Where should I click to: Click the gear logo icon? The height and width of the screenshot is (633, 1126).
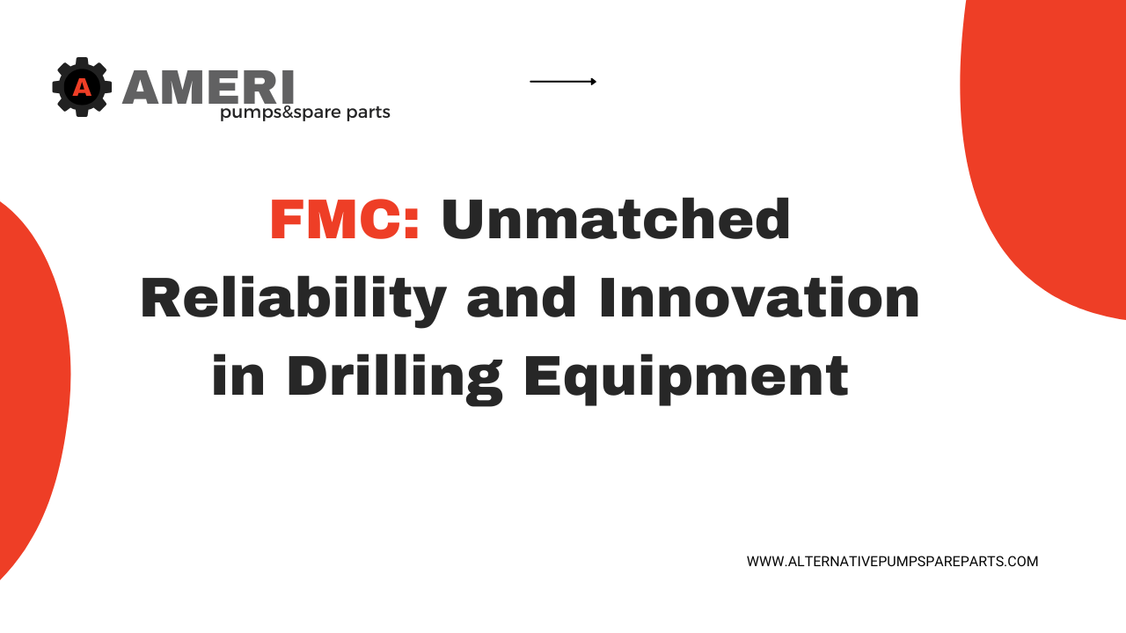coord(82,87)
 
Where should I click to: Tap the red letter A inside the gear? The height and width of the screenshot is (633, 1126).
coord(82,87)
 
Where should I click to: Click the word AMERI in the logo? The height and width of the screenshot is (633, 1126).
coord(208,88)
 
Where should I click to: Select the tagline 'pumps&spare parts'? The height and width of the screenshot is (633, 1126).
coord(304,113)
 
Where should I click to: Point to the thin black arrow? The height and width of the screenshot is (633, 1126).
coord(562,82)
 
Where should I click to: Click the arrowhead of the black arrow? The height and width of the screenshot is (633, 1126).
coord(594,82)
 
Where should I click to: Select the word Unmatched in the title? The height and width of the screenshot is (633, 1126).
coord(616,220)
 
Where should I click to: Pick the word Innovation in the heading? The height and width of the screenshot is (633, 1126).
coord(759,299)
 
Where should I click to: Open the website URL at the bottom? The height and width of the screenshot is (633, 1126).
coord(892,561)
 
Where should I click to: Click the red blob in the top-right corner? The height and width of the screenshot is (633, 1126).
coord(1047,149)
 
